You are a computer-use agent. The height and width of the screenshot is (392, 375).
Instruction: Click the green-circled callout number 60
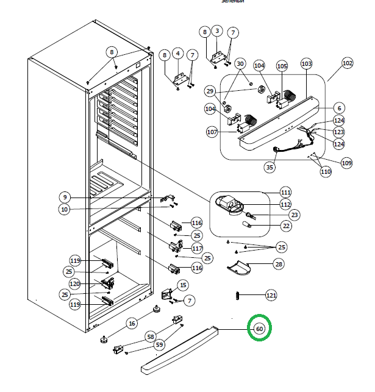coord(259,329)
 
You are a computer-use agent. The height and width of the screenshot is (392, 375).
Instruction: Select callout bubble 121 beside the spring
coord(271,296)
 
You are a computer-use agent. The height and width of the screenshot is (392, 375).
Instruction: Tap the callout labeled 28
coord(278,264)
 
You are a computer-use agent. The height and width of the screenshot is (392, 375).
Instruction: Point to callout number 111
coord(285,192)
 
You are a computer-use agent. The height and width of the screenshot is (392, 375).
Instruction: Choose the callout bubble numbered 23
coord(294,215)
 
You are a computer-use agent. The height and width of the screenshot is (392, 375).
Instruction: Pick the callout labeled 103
coord(306,63)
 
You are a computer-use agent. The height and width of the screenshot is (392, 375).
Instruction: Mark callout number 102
coord(347,63)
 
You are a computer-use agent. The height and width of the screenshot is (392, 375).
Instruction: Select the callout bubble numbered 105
coord(282,65)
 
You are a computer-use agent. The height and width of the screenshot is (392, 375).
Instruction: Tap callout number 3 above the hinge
coord(217,30)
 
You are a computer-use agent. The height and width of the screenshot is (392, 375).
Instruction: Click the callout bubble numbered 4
coord(178,54)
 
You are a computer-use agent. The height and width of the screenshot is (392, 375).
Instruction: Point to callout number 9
coord(65,197)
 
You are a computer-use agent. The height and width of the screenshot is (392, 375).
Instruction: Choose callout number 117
coord(197,248)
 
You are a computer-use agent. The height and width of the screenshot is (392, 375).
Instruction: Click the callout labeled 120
coord(75,284)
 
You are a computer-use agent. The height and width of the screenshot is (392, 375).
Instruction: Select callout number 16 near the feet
coord(132,323)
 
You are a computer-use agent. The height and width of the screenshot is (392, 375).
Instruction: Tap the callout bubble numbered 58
coord(150,337)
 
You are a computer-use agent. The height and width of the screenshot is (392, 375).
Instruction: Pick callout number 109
coord(346,163)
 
